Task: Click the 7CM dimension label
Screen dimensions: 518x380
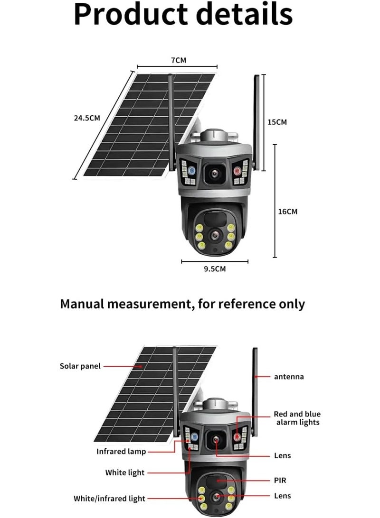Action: (178, 60)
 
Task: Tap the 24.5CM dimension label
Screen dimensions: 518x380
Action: (86, 118)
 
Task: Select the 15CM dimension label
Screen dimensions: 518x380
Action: (277, 122)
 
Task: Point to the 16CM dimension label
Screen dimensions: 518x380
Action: (287, 211)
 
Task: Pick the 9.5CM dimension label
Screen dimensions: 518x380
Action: (215, 269)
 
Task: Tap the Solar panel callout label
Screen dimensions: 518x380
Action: (80, 366)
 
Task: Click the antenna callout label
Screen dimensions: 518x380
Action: (289, 377)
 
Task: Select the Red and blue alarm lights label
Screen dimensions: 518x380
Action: (297, 418)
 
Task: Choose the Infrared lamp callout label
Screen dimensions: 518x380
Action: (121, 452)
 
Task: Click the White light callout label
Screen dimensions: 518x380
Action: (125, 472)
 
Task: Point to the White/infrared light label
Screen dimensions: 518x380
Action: (110, 498)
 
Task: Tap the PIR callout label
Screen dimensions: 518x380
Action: (280, 480)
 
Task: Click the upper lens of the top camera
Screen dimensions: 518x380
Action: (214, 174)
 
